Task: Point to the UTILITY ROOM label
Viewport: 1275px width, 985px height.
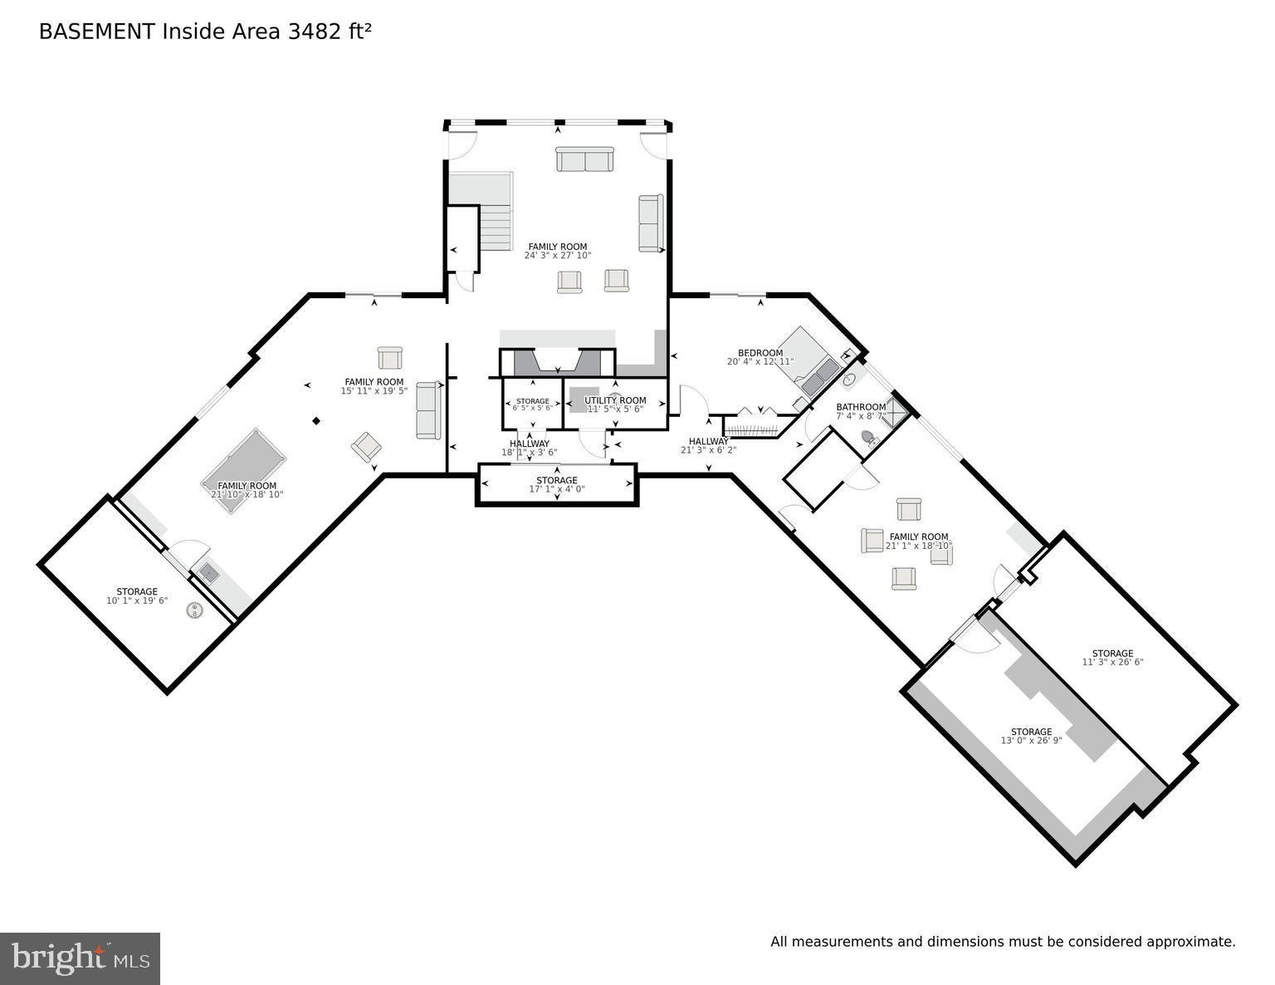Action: [615, 400]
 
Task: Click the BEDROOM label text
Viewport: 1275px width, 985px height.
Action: [760, 353]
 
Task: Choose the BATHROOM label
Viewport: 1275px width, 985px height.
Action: [861, 407]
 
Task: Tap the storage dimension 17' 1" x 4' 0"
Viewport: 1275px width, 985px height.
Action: [557, 490]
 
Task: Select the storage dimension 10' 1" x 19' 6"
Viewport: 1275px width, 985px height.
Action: [137, 600]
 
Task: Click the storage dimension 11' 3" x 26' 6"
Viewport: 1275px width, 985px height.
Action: [1112, 662]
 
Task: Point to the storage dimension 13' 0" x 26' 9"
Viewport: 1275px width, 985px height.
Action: [1031, 741]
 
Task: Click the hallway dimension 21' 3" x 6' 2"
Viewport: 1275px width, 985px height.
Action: [708, 450]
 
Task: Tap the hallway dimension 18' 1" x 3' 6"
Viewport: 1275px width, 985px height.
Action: [530, 453]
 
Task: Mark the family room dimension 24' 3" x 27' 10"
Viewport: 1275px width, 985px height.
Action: [558, 256]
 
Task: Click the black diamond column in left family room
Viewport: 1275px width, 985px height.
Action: [316, 421]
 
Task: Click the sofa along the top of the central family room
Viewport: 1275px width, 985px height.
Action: [584, 159]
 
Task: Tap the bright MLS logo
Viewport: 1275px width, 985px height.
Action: [81, 958]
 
